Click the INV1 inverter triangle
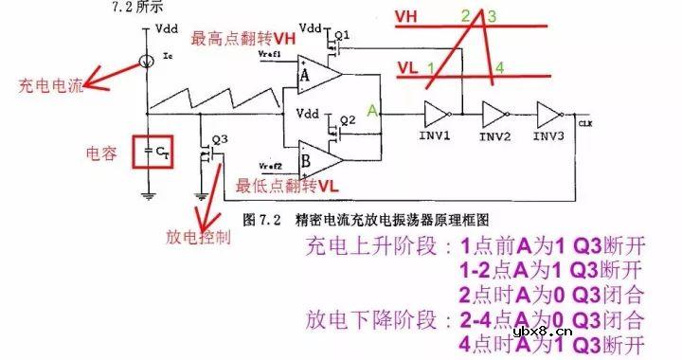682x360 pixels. tap(438, 114)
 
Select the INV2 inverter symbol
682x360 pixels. tap(494, 114)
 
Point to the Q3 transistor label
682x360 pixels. tap(220, 138)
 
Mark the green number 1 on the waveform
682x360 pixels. tap(431, 68)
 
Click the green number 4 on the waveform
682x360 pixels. tap(499, 68)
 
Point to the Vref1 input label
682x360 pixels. tap(271, 55)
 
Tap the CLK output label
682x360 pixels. tap(584, 122)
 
